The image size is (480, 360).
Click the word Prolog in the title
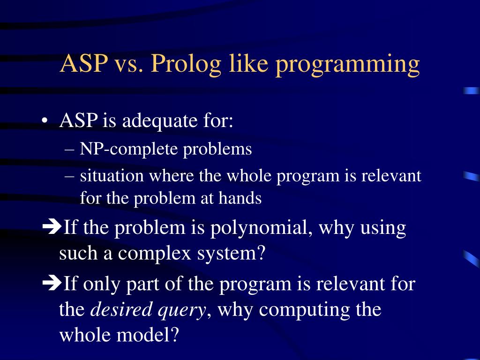(x=186, y=64)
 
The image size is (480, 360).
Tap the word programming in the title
(x=348, y=65)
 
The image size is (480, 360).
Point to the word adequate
(x=160, y=121)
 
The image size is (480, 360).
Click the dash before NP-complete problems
(x=70, y=150)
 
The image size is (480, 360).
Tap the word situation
(x=112, y=176)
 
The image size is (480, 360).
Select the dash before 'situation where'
(x=70, y=177)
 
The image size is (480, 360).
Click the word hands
(x=240, y=198)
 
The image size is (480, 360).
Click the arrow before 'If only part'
(x=52, y=284)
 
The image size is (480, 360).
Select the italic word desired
(x=121, y=309)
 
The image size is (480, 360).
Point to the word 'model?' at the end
(x=147, y=335)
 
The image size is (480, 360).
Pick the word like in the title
(x=248, y=64)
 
